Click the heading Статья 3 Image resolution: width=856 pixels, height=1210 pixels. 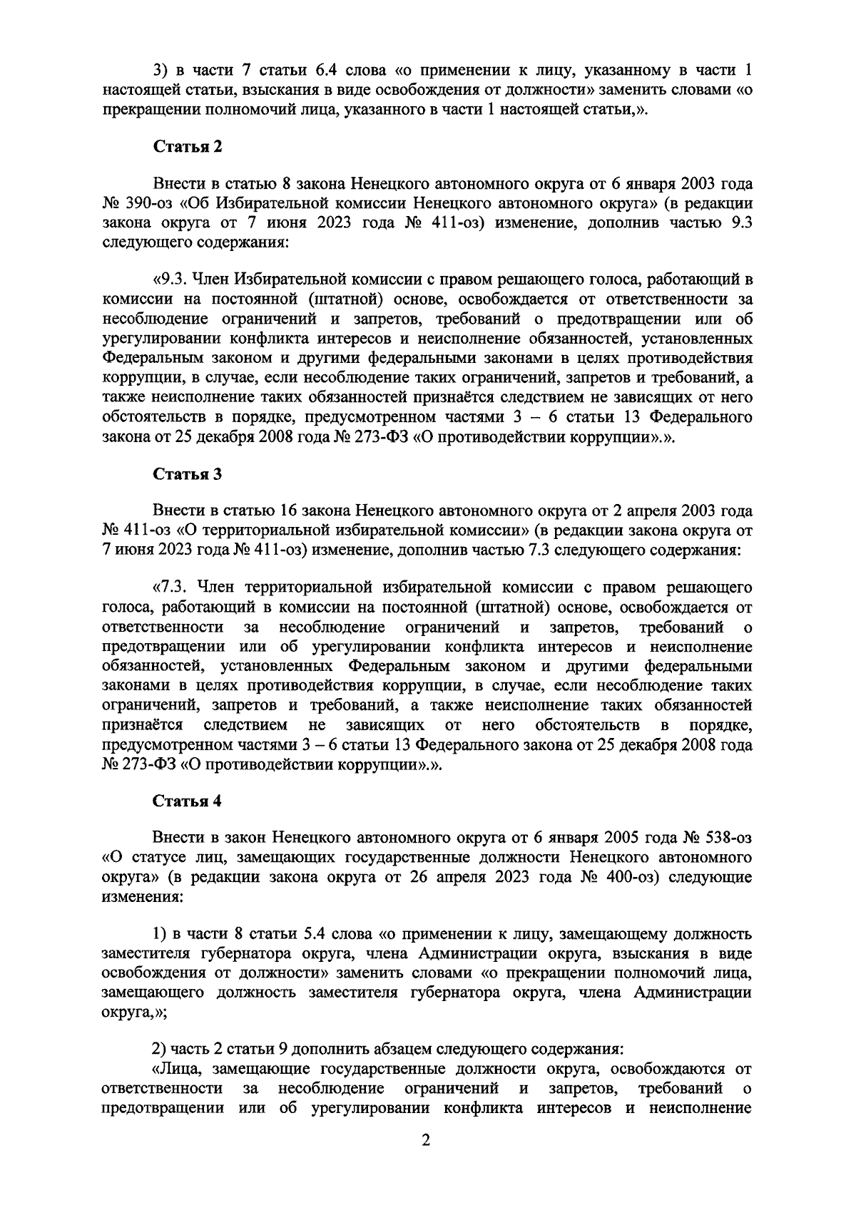click(188, 474)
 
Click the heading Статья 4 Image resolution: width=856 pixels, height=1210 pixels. click(188, 801)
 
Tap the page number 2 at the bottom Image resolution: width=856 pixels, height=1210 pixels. click(426, 1162)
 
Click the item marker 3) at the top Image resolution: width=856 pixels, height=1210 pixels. click(162, 71)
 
